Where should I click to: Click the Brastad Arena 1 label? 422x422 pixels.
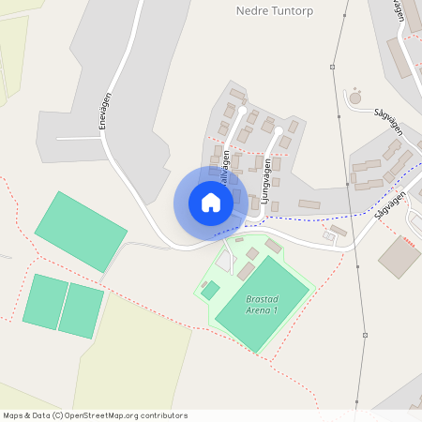pyautogui.click(x=263, y=304)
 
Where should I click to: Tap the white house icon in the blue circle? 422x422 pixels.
pyautogui.click(x=211, y=203)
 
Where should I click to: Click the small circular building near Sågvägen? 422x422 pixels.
pyautogui.click(x=354, y=98)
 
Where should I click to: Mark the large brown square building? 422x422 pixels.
pyautogui.click(x=399, y=256)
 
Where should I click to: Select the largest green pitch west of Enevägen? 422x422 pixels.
pyautogui.click(x=81, y=231)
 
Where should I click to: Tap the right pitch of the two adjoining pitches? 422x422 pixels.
pyautogui.click(x=82, y=310)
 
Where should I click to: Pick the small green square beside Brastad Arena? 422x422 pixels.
pyautogui.click(x=210, y=290)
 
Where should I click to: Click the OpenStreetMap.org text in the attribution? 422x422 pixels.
pyautogui.click(x=112, y=415)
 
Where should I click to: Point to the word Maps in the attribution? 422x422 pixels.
pyautogui.click(x=13, y=415)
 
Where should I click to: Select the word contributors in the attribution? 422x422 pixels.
pyautogui.click(x=166, y=415)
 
